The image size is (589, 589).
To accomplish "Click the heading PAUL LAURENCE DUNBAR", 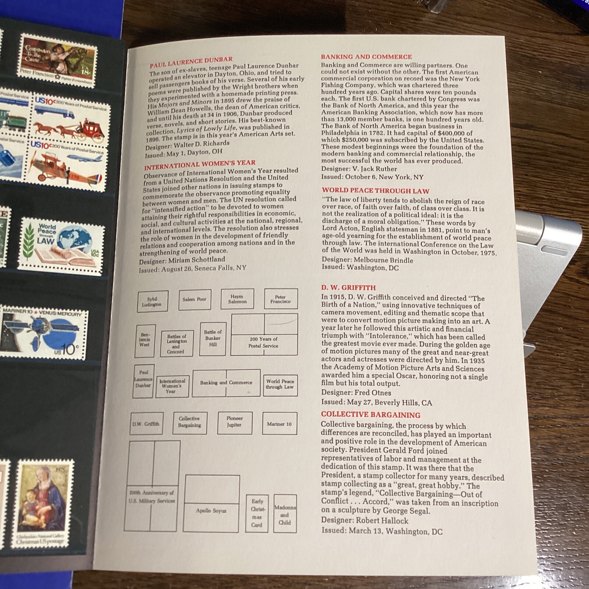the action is click(x=191, y=62).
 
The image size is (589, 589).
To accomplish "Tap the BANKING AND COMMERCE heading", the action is click(x=366, y=57).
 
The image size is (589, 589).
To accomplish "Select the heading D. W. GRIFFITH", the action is click(x=348, y=288).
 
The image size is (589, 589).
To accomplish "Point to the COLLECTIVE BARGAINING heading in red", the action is click(x=371, y=415).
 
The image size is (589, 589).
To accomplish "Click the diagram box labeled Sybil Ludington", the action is click(x=152, y=301).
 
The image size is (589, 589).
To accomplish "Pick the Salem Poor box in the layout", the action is click(x=195, y=299).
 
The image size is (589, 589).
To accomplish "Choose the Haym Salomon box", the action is click(x=237, y=299).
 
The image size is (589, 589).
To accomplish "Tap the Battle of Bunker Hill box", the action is click(x=212, y=339).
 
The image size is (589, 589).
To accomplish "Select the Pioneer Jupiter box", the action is click(x=234, y=423).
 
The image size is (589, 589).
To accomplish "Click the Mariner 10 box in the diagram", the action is click(x=279, y=423).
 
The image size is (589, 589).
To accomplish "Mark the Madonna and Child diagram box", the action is click(x=285, y=514).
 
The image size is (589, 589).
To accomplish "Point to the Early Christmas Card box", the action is click(x=257, y=513).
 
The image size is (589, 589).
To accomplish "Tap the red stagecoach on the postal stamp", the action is click(x=93, y=129).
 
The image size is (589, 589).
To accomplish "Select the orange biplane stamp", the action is click(x=67, y=165).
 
